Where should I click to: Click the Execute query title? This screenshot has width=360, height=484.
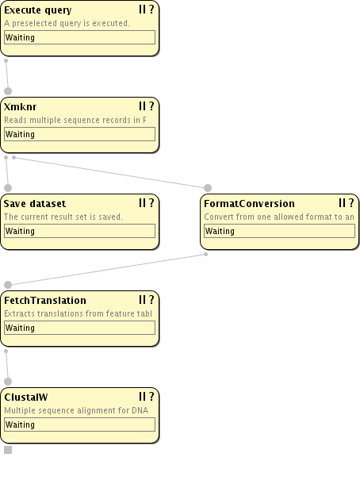point(37,10)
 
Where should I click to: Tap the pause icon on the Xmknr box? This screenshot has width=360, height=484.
point(142,106)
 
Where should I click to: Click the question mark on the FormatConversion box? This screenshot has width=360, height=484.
point(351,203)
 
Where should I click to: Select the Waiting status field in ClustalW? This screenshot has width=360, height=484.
point(79,424)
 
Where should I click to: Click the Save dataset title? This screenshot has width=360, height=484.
point(35,204)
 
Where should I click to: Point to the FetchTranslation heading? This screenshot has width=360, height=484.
point(45,301)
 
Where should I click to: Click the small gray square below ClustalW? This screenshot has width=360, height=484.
point(8,450)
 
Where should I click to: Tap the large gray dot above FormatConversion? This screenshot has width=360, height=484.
point(208,188)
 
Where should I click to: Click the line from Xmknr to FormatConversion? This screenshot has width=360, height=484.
point(111,172)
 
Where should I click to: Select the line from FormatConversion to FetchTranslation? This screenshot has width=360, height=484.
point(107,269)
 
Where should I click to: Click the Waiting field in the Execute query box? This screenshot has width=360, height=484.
point(79,37)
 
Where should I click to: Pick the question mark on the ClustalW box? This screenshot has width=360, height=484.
point(151,397)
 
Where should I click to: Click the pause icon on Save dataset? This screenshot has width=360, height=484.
point(142,203)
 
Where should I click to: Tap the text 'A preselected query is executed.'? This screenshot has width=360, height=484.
point(67,23)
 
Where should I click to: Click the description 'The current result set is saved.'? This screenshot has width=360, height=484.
point(63,217)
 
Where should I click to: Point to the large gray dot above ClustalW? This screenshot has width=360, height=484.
point(8,382)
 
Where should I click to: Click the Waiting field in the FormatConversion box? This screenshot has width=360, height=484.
point(279,231)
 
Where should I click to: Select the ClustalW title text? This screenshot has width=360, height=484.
point(26,397)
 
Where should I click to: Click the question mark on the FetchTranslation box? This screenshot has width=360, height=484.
point(151,300)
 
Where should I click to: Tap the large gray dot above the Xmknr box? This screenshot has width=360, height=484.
point(8,91)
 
